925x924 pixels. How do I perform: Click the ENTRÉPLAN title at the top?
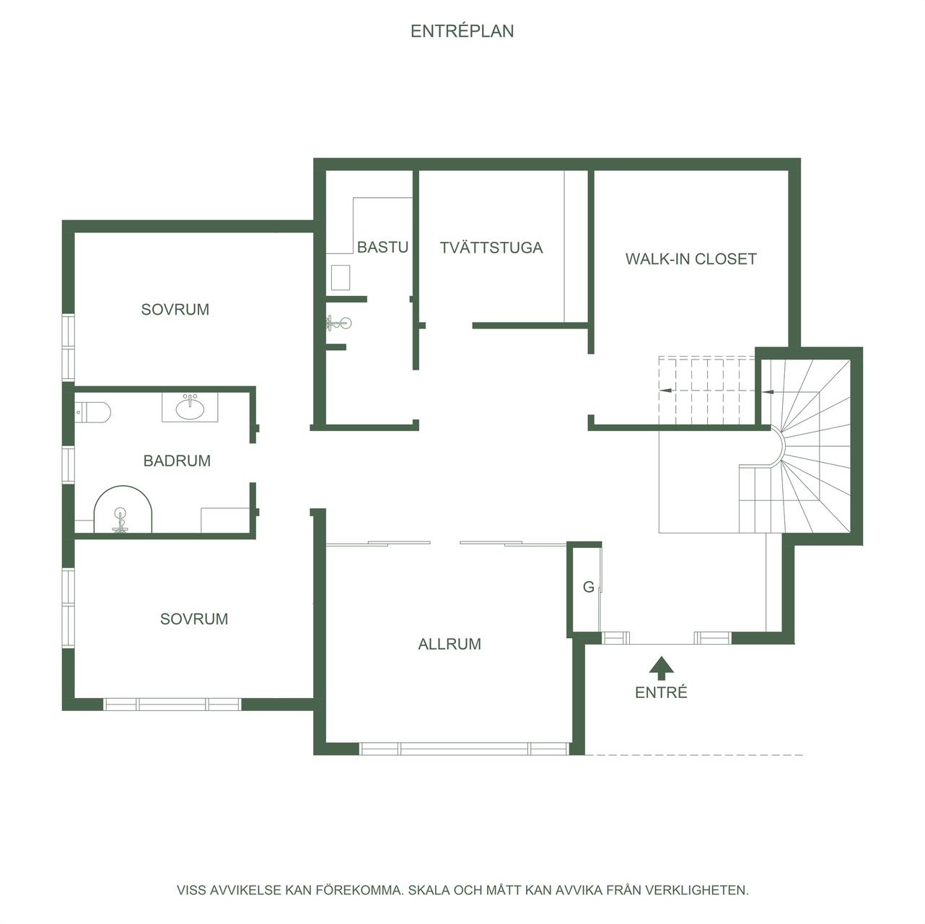tap(462, 31)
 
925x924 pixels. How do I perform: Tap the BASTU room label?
tap(382, 248)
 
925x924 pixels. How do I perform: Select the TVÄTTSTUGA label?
tap(491, 248)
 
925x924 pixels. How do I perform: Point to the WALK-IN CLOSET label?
tap(691, 259)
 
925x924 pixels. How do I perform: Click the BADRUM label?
tap(177, 461)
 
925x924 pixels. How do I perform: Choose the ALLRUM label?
tap(450, 644)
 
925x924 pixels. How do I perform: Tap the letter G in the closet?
tap(589, 587)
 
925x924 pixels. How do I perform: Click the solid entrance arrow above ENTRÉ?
tap(662, 668)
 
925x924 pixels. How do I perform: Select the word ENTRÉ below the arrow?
tap(661, 692)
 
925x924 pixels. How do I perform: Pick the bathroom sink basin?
tap(190, 409)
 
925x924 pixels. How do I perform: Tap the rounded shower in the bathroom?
tap(123, 510)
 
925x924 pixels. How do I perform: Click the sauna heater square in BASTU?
tap(341, 277)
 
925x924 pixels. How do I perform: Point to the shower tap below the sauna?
tap(338, 323)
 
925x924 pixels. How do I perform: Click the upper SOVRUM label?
tap(175, 310)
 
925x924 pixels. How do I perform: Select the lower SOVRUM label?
tap(194, 619)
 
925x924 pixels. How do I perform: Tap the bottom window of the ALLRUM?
tap(464, 749)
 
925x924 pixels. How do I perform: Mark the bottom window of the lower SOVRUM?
tap(172, 705)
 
